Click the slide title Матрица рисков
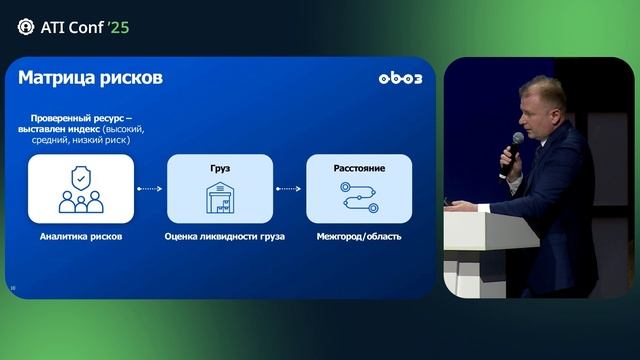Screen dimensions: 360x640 coord(90,78)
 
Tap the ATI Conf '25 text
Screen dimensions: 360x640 coord(85,27)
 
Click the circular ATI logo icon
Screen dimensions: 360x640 coord(26,27)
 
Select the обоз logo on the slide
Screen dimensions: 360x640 coord(400,79)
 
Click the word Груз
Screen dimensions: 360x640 coord(219,168)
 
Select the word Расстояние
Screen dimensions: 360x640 coord(359,168)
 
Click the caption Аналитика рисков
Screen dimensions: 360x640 coord(81,237)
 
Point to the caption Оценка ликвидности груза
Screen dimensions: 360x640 coord(224,237)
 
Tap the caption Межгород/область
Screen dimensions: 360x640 coord(359,237)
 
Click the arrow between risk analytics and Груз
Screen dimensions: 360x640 coord(149,188)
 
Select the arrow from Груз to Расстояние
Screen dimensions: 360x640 coord(289,188)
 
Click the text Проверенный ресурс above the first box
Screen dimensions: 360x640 coord(79,118)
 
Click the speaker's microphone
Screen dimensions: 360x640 coord(516,143)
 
